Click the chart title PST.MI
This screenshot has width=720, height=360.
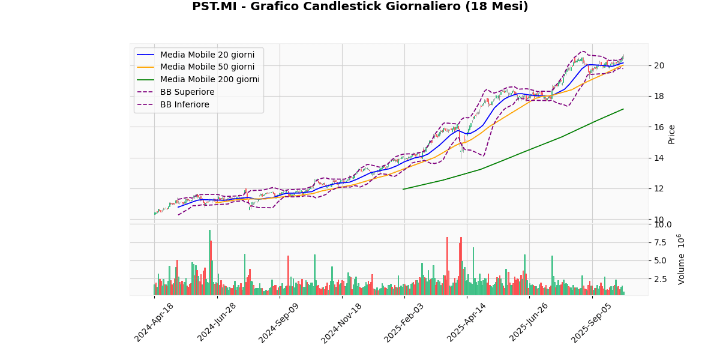(360, 7)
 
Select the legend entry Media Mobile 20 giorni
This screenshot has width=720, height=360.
(207, 55)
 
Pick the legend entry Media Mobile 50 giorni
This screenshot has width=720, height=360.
(207, 67)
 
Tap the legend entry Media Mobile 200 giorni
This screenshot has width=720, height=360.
(209, 79)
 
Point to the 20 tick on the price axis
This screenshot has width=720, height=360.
(658, 65)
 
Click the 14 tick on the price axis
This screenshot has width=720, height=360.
(658, 158)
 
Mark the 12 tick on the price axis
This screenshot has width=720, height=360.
(658, 188)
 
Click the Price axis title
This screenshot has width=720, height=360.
(672, 134)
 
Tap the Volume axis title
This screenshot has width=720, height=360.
(682, 259)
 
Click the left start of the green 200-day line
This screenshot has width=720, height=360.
(403, 189)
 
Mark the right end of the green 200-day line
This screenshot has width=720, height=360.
(623, 109)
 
